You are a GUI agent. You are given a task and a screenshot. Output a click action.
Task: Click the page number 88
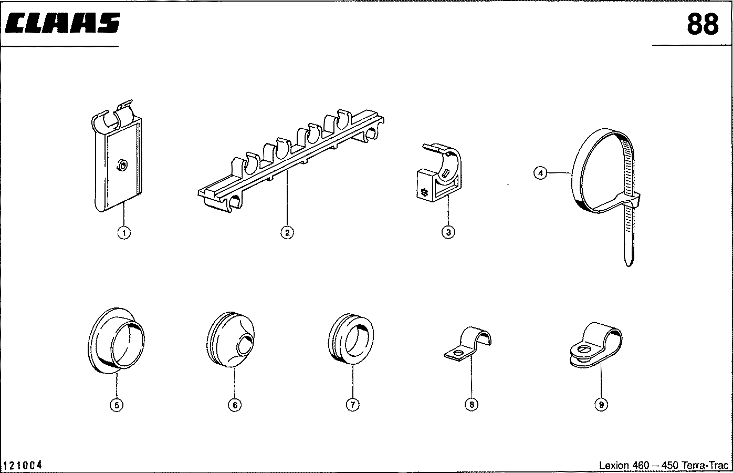(x=703, y=24)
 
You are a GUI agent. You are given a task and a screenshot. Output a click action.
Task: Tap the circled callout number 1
(x=124, y=232)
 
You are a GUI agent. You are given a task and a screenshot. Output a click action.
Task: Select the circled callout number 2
(x=287, y=232)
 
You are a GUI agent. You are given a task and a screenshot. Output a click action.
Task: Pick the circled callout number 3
(x=448, y=232)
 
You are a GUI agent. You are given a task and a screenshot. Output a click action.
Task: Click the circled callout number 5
(x=116, y=405)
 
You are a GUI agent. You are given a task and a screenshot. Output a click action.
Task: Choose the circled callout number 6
(x=234, y=405)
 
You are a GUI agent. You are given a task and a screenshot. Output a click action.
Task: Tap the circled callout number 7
(x=352, y=405)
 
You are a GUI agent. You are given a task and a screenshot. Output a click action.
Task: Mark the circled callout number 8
(x=472, y=405)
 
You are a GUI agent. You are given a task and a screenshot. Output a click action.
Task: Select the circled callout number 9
(x=601, y=405)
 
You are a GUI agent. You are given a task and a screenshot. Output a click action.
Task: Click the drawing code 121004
(x=23, y=465)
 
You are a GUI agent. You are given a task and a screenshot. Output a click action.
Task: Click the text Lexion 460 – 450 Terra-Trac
(x=664, y=465)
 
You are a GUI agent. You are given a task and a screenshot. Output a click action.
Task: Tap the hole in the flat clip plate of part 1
(x=122, y=166)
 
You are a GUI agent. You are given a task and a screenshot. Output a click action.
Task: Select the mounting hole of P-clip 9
(x=583, y=348)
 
